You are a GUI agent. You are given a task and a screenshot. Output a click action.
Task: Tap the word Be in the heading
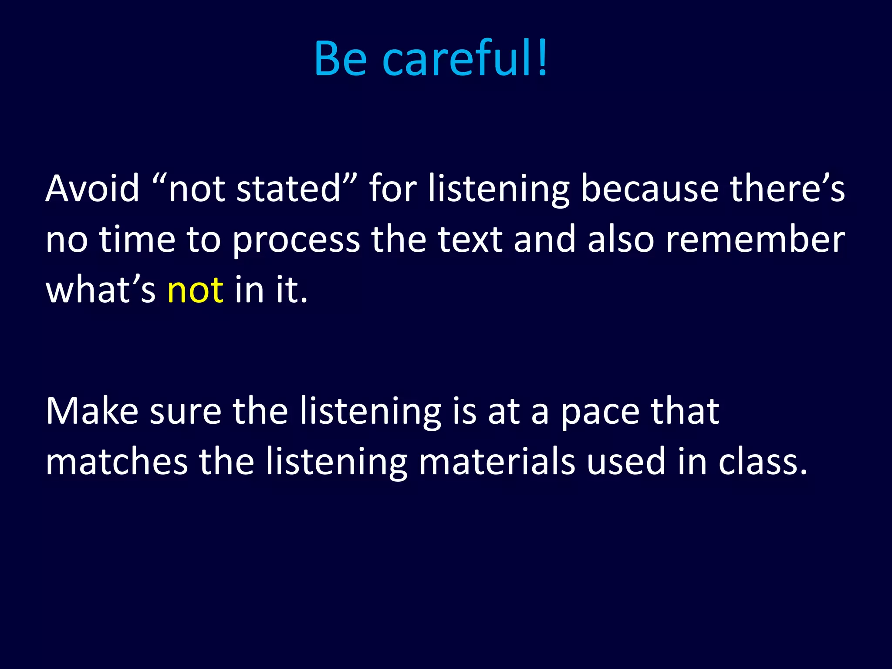click(340, 59)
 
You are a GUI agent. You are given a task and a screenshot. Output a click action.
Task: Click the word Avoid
click(92, 189)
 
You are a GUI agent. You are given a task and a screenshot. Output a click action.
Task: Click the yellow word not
click(195, 290)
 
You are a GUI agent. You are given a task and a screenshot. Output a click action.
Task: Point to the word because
click(649, 189)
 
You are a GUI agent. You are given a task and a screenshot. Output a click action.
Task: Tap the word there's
click(787, 189)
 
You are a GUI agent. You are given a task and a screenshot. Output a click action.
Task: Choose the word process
click(296, 240)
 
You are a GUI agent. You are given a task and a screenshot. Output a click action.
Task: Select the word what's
click(100, 290)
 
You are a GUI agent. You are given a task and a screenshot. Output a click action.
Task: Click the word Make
click(92, 411)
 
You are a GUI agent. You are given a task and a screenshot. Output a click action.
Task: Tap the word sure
click(186, 412)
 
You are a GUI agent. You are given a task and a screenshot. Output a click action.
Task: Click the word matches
click(117, 462)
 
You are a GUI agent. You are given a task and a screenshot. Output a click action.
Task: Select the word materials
click(497, 462)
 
